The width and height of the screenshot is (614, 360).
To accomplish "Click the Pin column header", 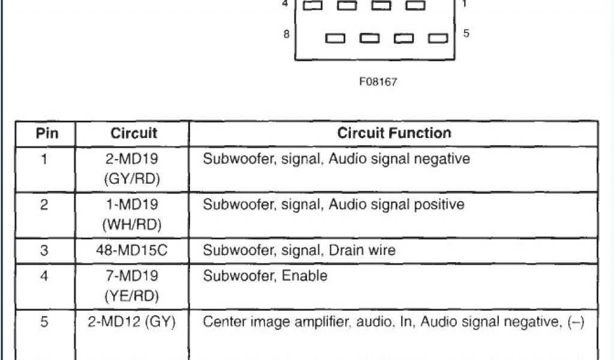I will point(47,133).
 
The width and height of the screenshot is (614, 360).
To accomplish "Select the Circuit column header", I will point(134,133).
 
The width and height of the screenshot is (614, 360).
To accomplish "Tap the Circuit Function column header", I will point(394,133).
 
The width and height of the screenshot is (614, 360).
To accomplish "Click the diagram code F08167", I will point(378,82).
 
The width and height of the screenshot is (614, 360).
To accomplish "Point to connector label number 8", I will point(287,34).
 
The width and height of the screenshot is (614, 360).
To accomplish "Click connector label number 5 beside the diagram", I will point(466,34).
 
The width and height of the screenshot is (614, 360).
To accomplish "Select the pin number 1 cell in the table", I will point(44,160).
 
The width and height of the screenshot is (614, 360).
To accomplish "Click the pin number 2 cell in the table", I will point(44,205).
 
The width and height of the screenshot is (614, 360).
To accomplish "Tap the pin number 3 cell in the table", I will point(44,250).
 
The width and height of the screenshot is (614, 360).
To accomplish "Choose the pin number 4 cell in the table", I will point(44,276).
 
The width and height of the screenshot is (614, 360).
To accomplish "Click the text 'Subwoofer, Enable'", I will point(265,276).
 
